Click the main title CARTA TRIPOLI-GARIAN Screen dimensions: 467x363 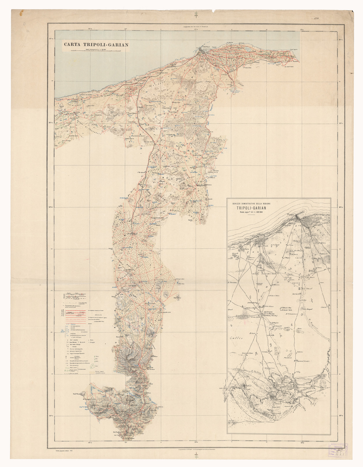coord(96,45)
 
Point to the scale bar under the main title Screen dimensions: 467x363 coord(96,50)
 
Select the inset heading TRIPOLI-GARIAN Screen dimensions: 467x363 coord(252,208)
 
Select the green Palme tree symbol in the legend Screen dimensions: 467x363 coord(94,357)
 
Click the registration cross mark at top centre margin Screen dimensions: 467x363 coord(196,14)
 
